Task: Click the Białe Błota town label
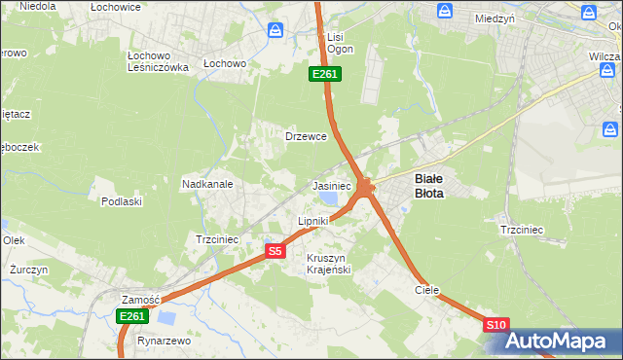point(429,186)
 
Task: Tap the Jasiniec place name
point(331,185)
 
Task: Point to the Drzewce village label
point(305,136)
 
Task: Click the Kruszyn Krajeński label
point(328,263)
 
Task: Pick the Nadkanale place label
point(206,183)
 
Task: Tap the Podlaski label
point(122,201)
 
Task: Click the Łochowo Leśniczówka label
point(158,61)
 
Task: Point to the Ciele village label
point(427,290)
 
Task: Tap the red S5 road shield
point(275,251)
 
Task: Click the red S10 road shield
point(495,325)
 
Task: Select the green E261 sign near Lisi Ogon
point(324,74)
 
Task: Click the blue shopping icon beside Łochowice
point(276,30)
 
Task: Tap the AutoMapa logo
point(561,342)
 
